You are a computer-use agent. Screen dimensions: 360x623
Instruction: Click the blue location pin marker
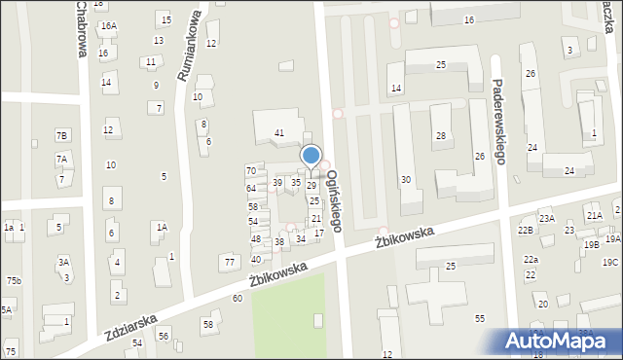click(311, 157)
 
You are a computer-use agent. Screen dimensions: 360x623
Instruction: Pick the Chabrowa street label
click(79, 29)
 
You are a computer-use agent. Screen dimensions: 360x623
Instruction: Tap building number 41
click(279, 132)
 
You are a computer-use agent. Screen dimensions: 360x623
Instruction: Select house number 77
click(230, 262)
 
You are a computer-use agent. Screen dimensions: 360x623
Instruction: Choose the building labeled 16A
click(108, 26)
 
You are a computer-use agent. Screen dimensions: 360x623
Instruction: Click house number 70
click(250, 171)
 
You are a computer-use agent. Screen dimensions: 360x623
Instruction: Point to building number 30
click(406, 179)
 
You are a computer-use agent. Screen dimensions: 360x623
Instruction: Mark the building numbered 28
click(440, 135)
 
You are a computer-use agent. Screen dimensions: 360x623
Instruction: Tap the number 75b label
click(13, 281)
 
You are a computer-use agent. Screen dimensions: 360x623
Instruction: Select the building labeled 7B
click(62, 135)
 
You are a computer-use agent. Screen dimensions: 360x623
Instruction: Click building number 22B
click(526, 230)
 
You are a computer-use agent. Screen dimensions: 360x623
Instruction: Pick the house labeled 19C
click(609, 263)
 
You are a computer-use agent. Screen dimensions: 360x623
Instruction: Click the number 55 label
click(480, 319)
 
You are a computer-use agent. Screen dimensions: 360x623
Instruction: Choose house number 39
click(277, 183)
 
